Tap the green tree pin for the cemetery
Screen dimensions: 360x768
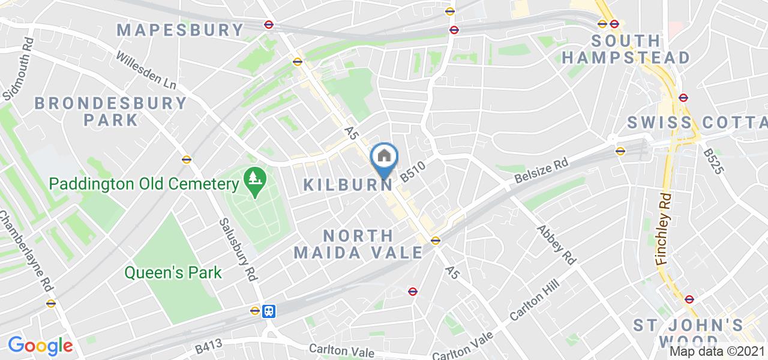tap(254, 181)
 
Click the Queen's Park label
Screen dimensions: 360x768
tap(173, 273)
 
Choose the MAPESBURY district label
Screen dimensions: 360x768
tap(180, 30)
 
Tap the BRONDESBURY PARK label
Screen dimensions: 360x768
tap(110, 111)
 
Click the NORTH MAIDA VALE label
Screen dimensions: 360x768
tap(359, 244)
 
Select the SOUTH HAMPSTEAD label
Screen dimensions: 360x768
tap(625, 50)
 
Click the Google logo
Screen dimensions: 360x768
tap(40, 345)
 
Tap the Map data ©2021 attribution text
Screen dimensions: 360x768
tap(718, 351)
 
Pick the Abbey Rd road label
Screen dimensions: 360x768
tap(556, 245)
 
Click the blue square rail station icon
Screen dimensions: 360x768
tap(269, 311)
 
